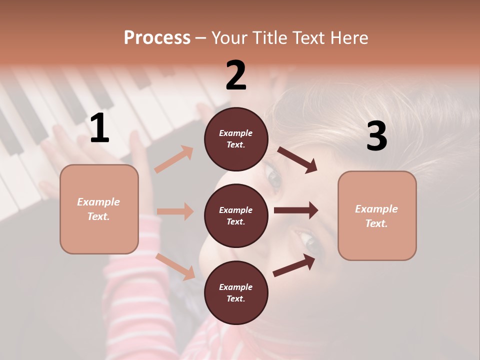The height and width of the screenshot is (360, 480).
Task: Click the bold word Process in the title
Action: click(157, 38)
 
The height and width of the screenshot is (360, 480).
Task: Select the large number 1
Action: click(99, 128)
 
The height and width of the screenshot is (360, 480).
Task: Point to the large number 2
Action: click(236, 75)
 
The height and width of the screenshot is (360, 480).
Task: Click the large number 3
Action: click(376, 136)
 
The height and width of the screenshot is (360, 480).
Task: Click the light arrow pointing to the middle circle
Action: click(175, 211)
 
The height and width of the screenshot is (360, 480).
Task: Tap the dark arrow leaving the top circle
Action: click(297, 159)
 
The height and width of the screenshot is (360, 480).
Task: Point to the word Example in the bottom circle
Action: click(236, 287)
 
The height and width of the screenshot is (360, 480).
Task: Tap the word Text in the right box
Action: click(376, 223)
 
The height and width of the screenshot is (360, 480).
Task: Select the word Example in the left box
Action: click(98, 202)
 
